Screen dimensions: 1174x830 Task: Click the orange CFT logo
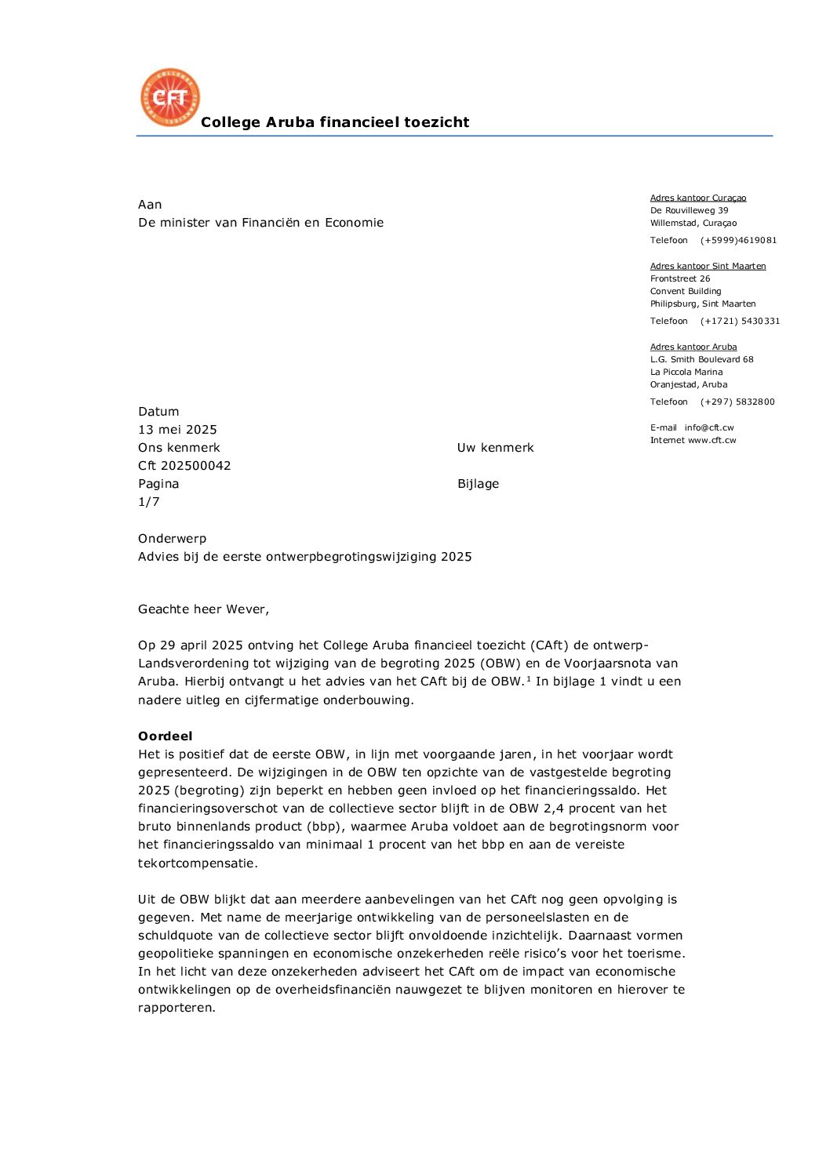point(169,97)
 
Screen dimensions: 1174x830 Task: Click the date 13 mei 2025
point(177,430)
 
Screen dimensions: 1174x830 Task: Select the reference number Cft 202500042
point(184,466)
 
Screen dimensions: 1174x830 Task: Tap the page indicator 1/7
point(148,502)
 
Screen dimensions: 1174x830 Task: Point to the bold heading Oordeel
point(165,736)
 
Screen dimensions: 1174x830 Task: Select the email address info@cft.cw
point(708,427)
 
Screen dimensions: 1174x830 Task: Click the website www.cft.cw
point(712,440)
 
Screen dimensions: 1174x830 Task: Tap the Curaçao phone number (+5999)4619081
point(738,240)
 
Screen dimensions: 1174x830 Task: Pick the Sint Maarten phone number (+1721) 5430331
point(740,321)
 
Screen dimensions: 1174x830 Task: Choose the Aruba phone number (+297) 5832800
point(737,402)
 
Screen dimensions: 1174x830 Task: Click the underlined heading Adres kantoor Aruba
point(693,347)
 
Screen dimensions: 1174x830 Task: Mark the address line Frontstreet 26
point(680,278)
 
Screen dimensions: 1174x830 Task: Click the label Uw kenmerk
point(495,448)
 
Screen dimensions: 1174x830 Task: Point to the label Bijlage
point(478,484)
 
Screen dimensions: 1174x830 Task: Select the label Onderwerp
point(172,539)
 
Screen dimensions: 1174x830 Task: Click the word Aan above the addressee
point(150,205)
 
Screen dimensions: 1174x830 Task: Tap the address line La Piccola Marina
point(686,372)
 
